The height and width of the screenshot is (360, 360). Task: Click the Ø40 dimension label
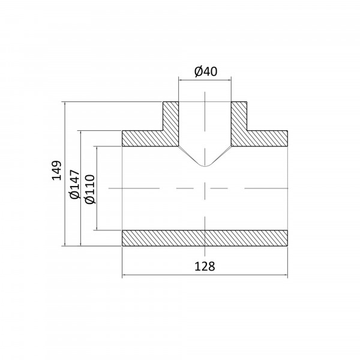206,71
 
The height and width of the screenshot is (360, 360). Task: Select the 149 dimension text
57,170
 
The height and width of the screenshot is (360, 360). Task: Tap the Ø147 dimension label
75,184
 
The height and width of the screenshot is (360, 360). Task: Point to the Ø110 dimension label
89,189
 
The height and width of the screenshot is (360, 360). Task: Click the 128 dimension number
205,266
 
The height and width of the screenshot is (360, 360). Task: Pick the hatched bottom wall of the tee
205,238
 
